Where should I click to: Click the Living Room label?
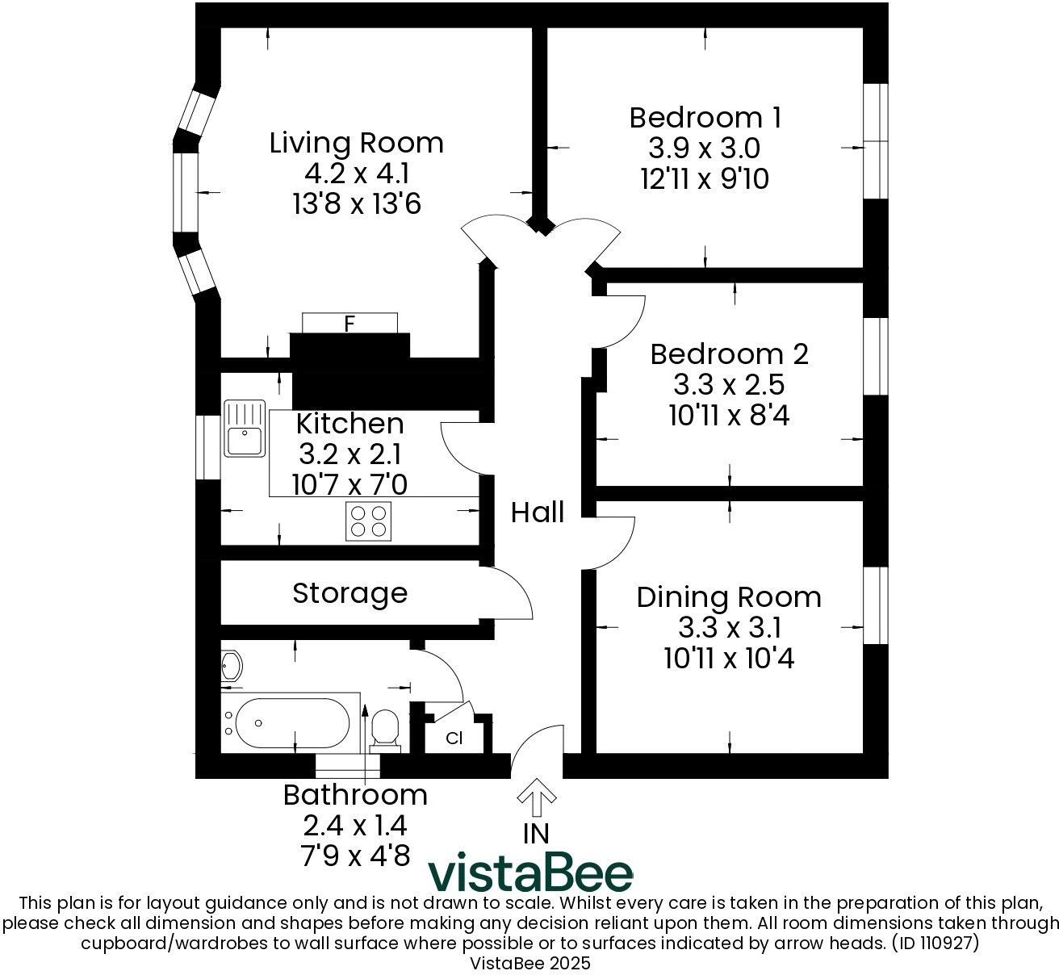(356, 143)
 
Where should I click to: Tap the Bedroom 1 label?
(705, 118)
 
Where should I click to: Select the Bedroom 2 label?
(729, 354)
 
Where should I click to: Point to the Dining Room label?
(729, 597)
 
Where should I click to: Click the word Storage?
(350, 593)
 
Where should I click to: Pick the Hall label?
(537, 513)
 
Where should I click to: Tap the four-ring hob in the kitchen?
(369, 521)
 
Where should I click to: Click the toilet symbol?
(386, 728)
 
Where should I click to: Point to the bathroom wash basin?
(231, 666)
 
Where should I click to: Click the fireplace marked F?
(350, 324)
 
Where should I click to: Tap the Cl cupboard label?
(454, 738)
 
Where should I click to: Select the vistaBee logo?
(530, 872)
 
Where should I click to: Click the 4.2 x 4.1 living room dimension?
(356, 174)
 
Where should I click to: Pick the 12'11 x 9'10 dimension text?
(705, 179)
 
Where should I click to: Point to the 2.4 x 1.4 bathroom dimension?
(355, 826)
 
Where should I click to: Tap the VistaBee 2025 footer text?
(530, 963)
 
